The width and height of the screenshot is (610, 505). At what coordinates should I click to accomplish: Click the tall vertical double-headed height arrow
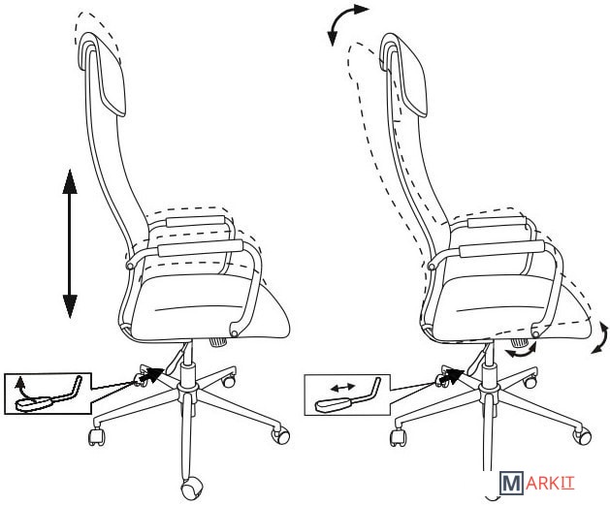[x=70, y=243]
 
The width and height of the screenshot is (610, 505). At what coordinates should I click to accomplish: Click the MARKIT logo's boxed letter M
[x=511, y=484]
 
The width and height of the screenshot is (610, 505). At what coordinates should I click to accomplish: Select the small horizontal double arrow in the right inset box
[x=342, y=387]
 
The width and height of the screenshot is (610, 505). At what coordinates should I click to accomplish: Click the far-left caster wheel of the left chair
[x=97, y=436]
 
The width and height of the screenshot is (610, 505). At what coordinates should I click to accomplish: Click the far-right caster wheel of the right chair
[x=582, y=436]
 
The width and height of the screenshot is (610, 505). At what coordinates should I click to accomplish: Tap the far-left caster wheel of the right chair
[x=398, y=438]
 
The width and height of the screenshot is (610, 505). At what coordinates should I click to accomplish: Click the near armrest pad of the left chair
[x=201, y=248]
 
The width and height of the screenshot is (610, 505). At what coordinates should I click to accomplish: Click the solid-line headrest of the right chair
[x=405, y=74]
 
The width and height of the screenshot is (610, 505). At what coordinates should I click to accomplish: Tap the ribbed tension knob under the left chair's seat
[x=218, y=342]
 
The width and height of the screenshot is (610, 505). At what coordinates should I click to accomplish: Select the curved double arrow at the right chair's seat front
[x=600, y=338]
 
